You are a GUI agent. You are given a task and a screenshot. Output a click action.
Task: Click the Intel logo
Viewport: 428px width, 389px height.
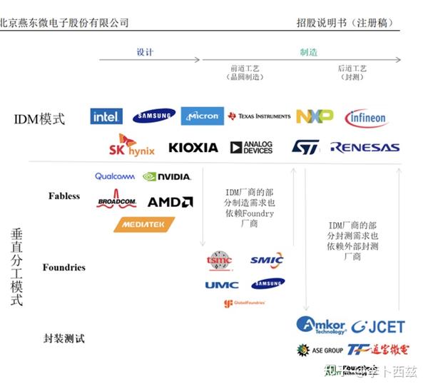point(106,116)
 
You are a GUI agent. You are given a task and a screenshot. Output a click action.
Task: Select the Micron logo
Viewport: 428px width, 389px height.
point(203,116)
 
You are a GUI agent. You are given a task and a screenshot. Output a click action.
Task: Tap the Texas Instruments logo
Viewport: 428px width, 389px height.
point(259,116)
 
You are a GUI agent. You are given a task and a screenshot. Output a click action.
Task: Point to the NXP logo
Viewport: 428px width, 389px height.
point(315,116)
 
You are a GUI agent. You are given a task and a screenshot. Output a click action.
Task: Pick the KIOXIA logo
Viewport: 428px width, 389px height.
point(193,148)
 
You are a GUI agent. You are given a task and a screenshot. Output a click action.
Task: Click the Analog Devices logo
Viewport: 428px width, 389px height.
point(251,148)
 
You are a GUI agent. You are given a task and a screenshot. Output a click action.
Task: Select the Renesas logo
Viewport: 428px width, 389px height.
point(365,148)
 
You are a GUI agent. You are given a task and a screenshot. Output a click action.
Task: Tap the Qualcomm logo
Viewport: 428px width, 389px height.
point(115,176)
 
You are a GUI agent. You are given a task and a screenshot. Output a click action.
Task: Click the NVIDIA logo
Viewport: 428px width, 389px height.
point(167,176)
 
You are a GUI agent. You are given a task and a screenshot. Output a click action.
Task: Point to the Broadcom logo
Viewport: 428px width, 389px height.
point(116,202)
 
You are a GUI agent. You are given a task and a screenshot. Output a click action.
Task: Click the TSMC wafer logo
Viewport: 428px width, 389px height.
point(219,261)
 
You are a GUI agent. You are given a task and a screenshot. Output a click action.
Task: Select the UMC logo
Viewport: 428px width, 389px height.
point(222,285)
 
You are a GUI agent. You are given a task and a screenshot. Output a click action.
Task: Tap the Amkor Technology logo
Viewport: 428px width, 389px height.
point(321,325)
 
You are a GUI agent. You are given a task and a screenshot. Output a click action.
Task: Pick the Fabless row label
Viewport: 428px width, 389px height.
point(64,196)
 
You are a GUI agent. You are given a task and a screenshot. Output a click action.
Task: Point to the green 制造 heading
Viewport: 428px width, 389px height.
point(309,53)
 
